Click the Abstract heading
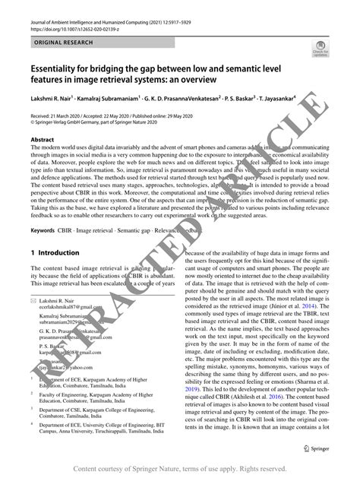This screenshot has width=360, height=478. pyautogui.click(x=42, y=140)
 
